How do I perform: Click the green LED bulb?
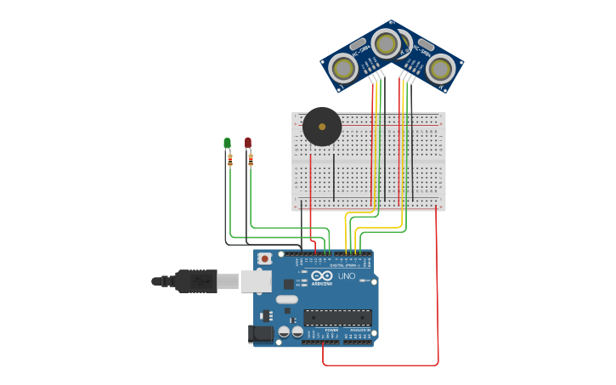click(227, 143)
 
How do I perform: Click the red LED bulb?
click(248, 142)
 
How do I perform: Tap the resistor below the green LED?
click(229, 159)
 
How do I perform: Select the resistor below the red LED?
click(251, 159)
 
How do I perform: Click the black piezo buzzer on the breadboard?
click(322, 127)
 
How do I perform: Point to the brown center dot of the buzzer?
click(322, 127)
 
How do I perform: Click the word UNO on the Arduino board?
click(347, 276)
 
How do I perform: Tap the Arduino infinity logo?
click(321, 275)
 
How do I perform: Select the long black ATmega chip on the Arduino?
click(337, 317)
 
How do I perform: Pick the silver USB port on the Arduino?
click(256, 280)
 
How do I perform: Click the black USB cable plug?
click(195, 280)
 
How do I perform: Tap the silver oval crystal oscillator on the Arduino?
click(287, 299)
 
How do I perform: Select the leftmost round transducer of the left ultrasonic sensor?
click(343, 68)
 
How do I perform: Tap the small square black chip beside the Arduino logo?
click(289, 284)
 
